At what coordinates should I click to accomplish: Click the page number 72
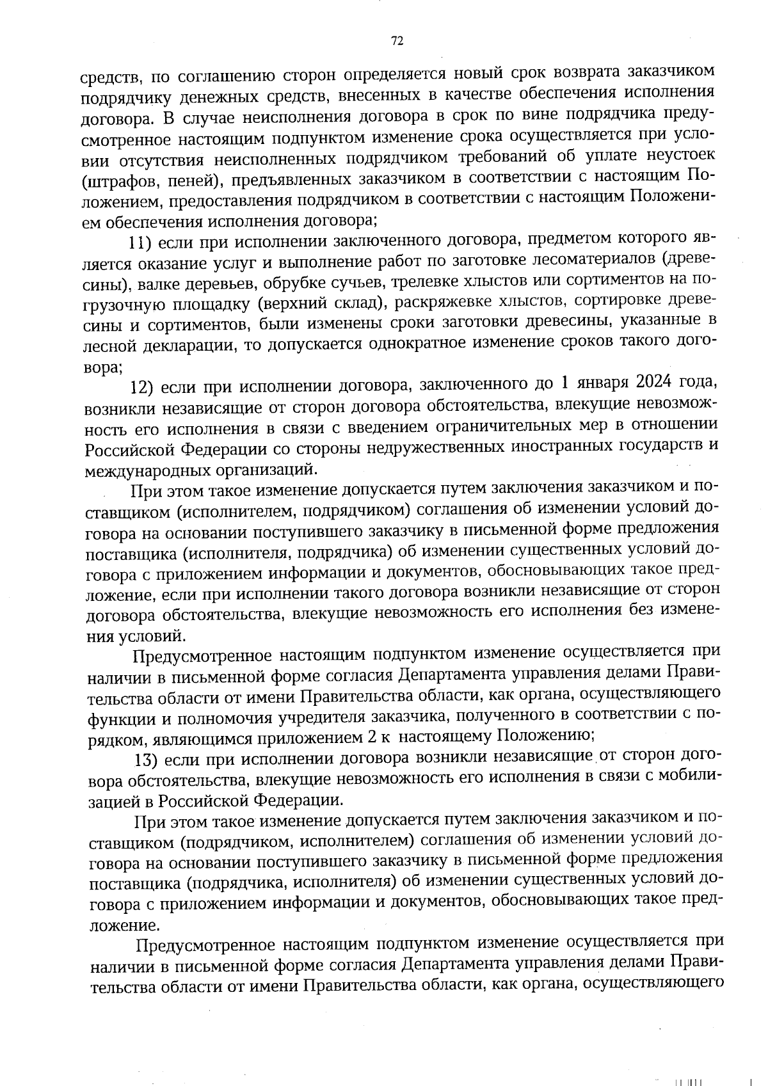pos(397,41)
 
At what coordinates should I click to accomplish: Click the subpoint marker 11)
pos(139,242)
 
